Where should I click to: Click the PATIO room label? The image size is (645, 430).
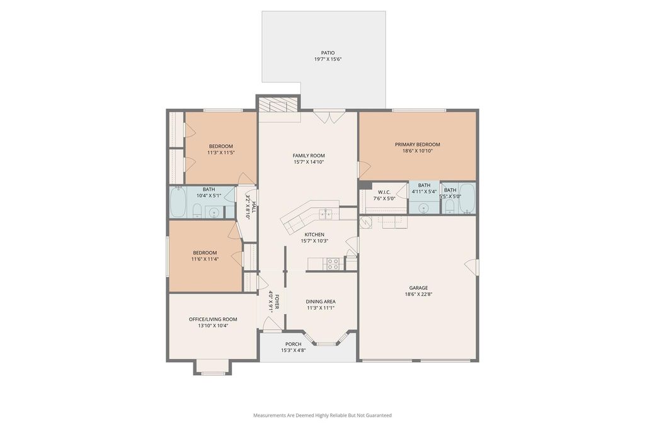coord(328,53)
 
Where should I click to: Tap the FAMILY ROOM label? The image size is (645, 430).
coord(309,156)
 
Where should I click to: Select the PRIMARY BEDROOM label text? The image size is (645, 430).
coord(418,144)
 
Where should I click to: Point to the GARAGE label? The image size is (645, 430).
coord(418,288)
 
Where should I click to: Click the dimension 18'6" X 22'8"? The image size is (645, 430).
coord(418,294)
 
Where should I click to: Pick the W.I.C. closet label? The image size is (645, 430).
coord(384,192)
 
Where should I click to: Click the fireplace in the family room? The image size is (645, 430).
coord(278,105)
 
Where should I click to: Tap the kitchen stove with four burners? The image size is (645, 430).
coord(333,264)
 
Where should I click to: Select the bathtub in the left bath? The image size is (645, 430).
coord(178,202)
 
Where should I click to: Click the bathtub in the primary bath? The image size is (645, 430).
coord(467,198)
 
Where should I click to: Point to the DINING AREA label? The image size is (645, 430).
coord(321,302)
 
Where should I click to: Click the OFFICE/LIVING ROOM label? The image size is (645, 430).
coord(213,319)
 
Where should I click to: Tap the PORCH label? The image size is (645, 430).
coord(294,344)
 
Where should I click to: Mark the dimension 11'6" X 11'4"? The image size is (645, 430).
coord(205,259)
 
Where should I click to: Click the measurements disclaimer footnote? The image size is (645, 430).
coord(322,415)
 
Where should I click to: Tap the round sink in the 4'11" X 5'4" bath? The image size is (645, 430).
coord(424,208)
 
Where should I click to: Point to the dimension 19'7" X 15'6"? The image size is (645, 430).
coord(328,59)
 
